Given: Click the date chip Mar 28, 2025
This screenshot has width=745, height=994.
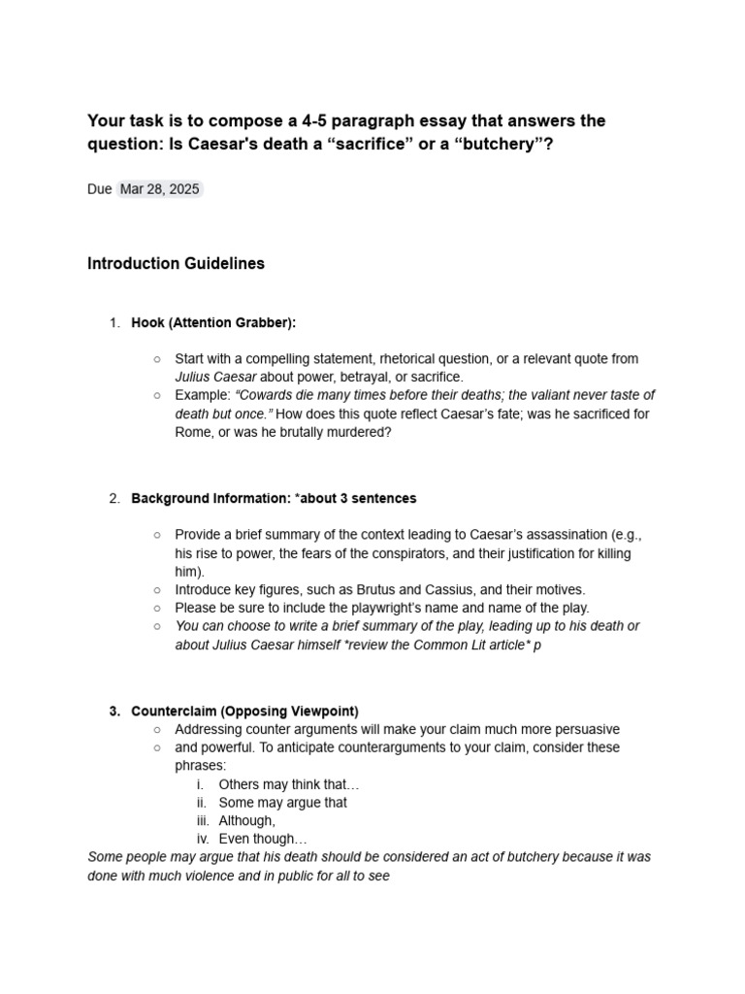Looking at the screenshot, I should point(160,189).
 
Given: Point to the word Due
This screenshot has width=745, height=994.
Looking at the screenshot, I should point(99,189).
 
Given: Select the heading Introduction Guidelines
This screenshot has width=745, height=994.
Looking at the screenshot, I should point(176,264).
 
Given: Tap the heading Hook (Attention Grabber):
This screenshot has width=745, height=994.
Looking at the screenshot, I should point(213,322).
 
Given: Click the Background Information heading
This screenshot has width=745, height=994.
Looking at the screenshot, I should point(274,498).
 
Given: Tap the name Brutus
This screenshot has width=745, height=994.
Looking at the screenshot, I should point(360,589).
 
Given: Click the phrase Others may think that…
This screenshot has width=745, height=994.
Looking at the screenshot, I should point(289,784).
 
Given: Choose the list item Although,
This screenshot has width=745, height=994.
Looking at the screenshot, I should point(247,821).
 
